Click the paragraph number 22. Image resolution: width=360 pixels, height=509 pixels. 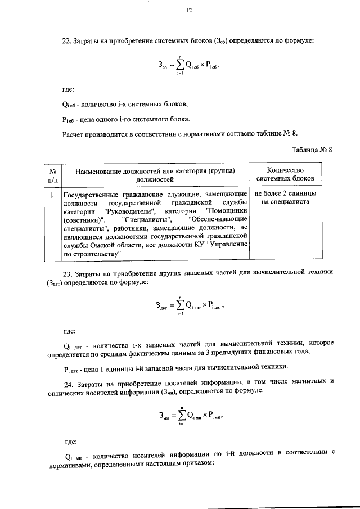66,40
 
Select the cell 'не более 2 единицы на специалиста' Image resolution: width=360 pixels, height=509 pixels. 285,199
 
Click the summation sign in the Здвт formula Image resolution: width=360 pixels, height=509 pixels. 178,307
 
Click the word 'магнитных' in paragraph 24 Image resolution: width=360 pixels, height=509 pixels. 308,381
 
